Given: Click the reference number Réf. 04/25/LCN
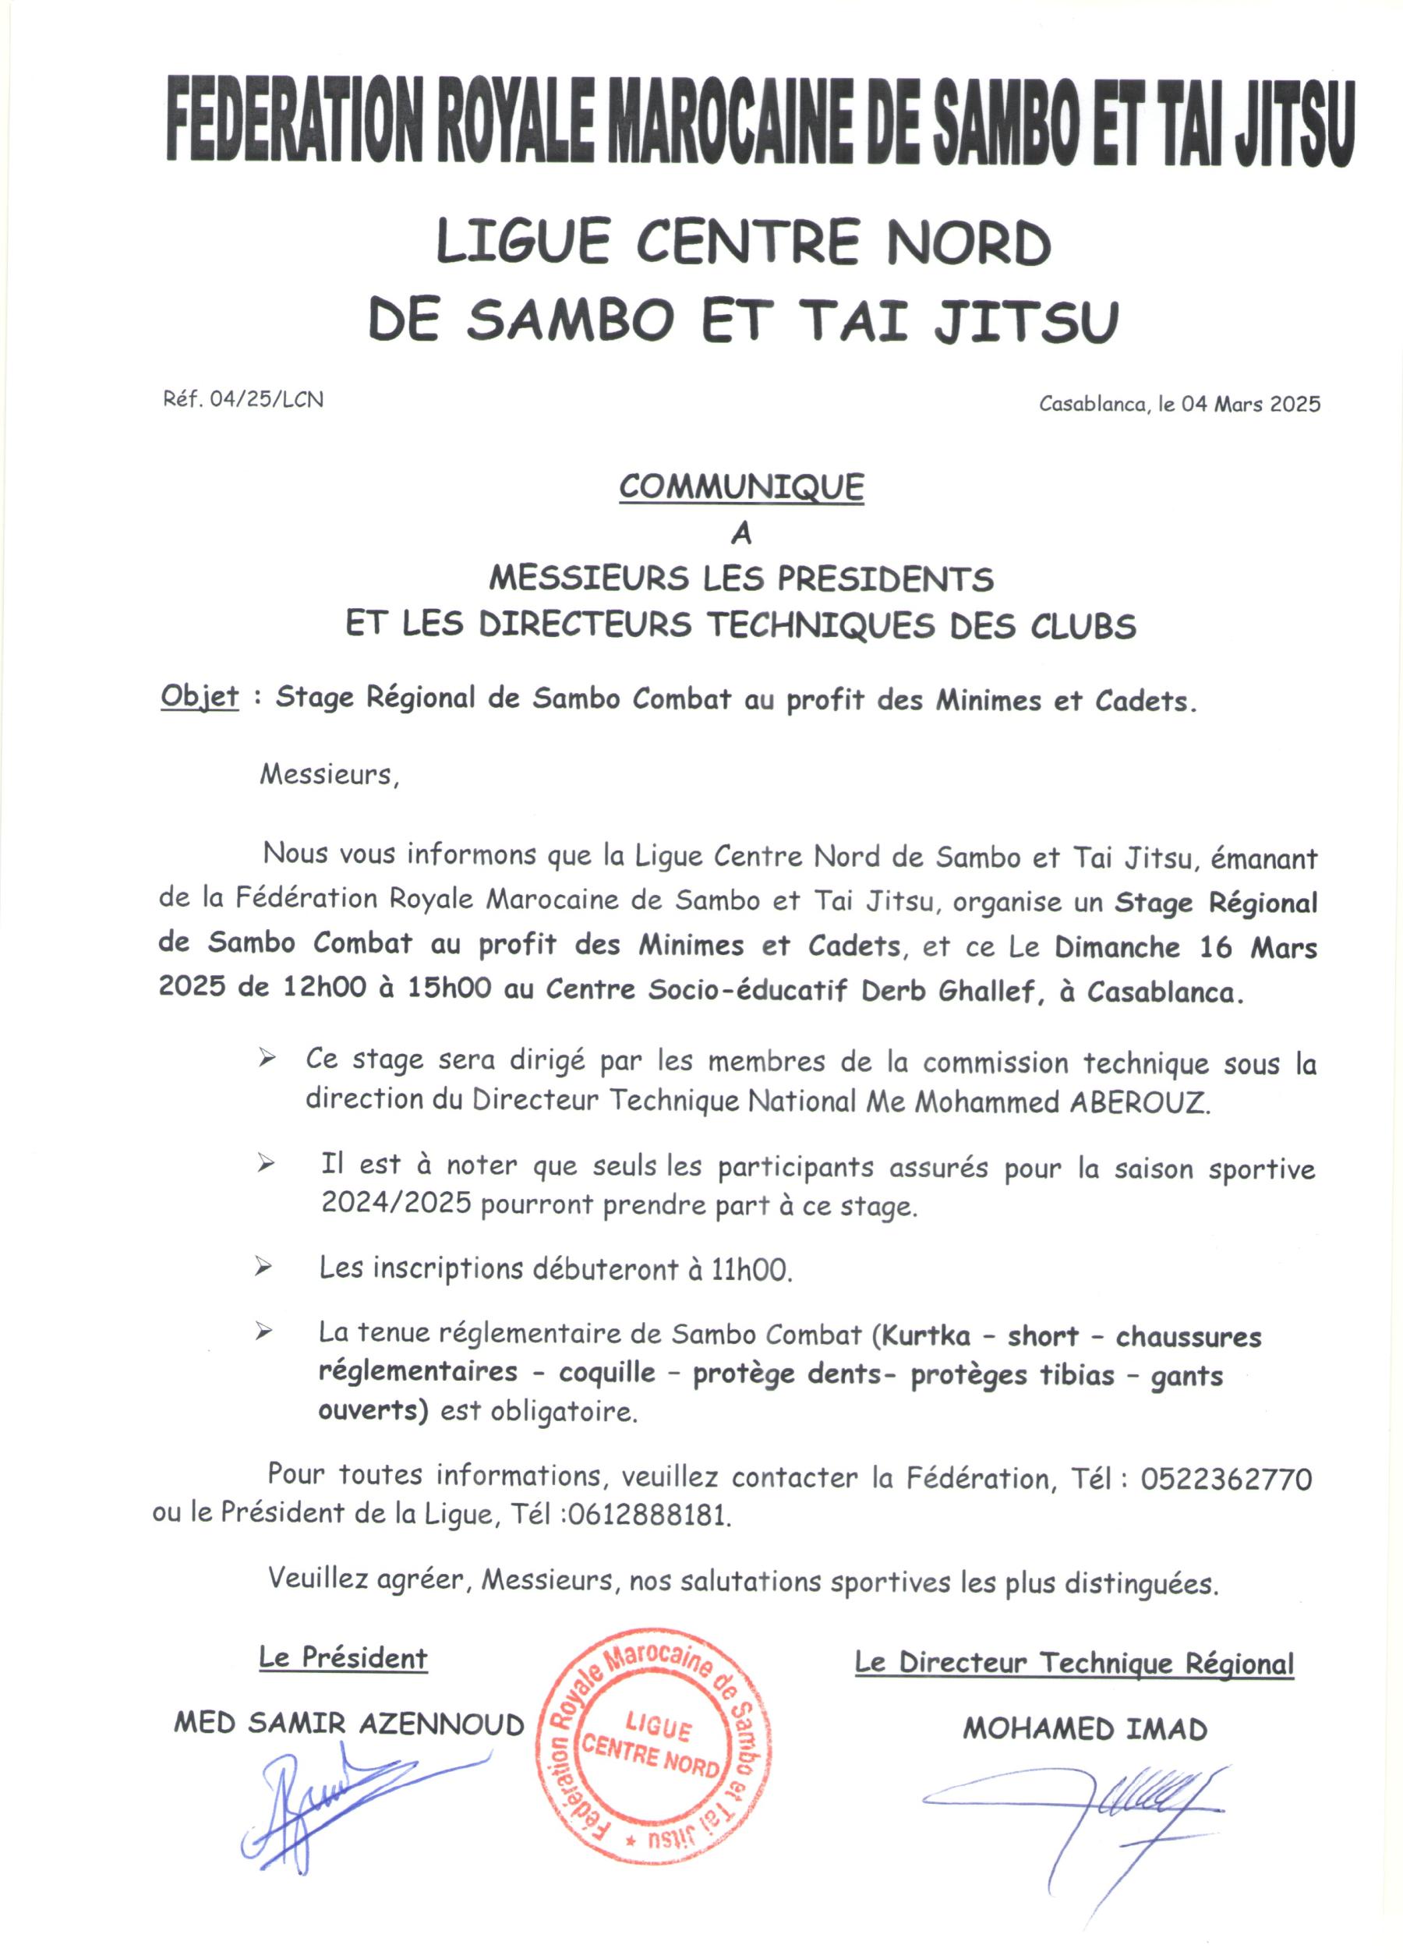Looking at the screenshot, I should [242, 399].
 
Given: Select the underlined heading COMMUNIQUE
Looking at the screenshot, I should [740, 487].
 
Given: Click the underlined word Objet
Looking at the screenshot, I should [200, 697].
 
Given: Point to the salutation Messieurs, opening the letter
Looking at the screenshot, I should [330, 775].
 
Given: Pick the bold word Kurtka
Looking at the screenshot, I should [924, 1336].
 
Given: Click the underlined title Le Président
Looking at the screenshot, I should [343, 1658].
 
